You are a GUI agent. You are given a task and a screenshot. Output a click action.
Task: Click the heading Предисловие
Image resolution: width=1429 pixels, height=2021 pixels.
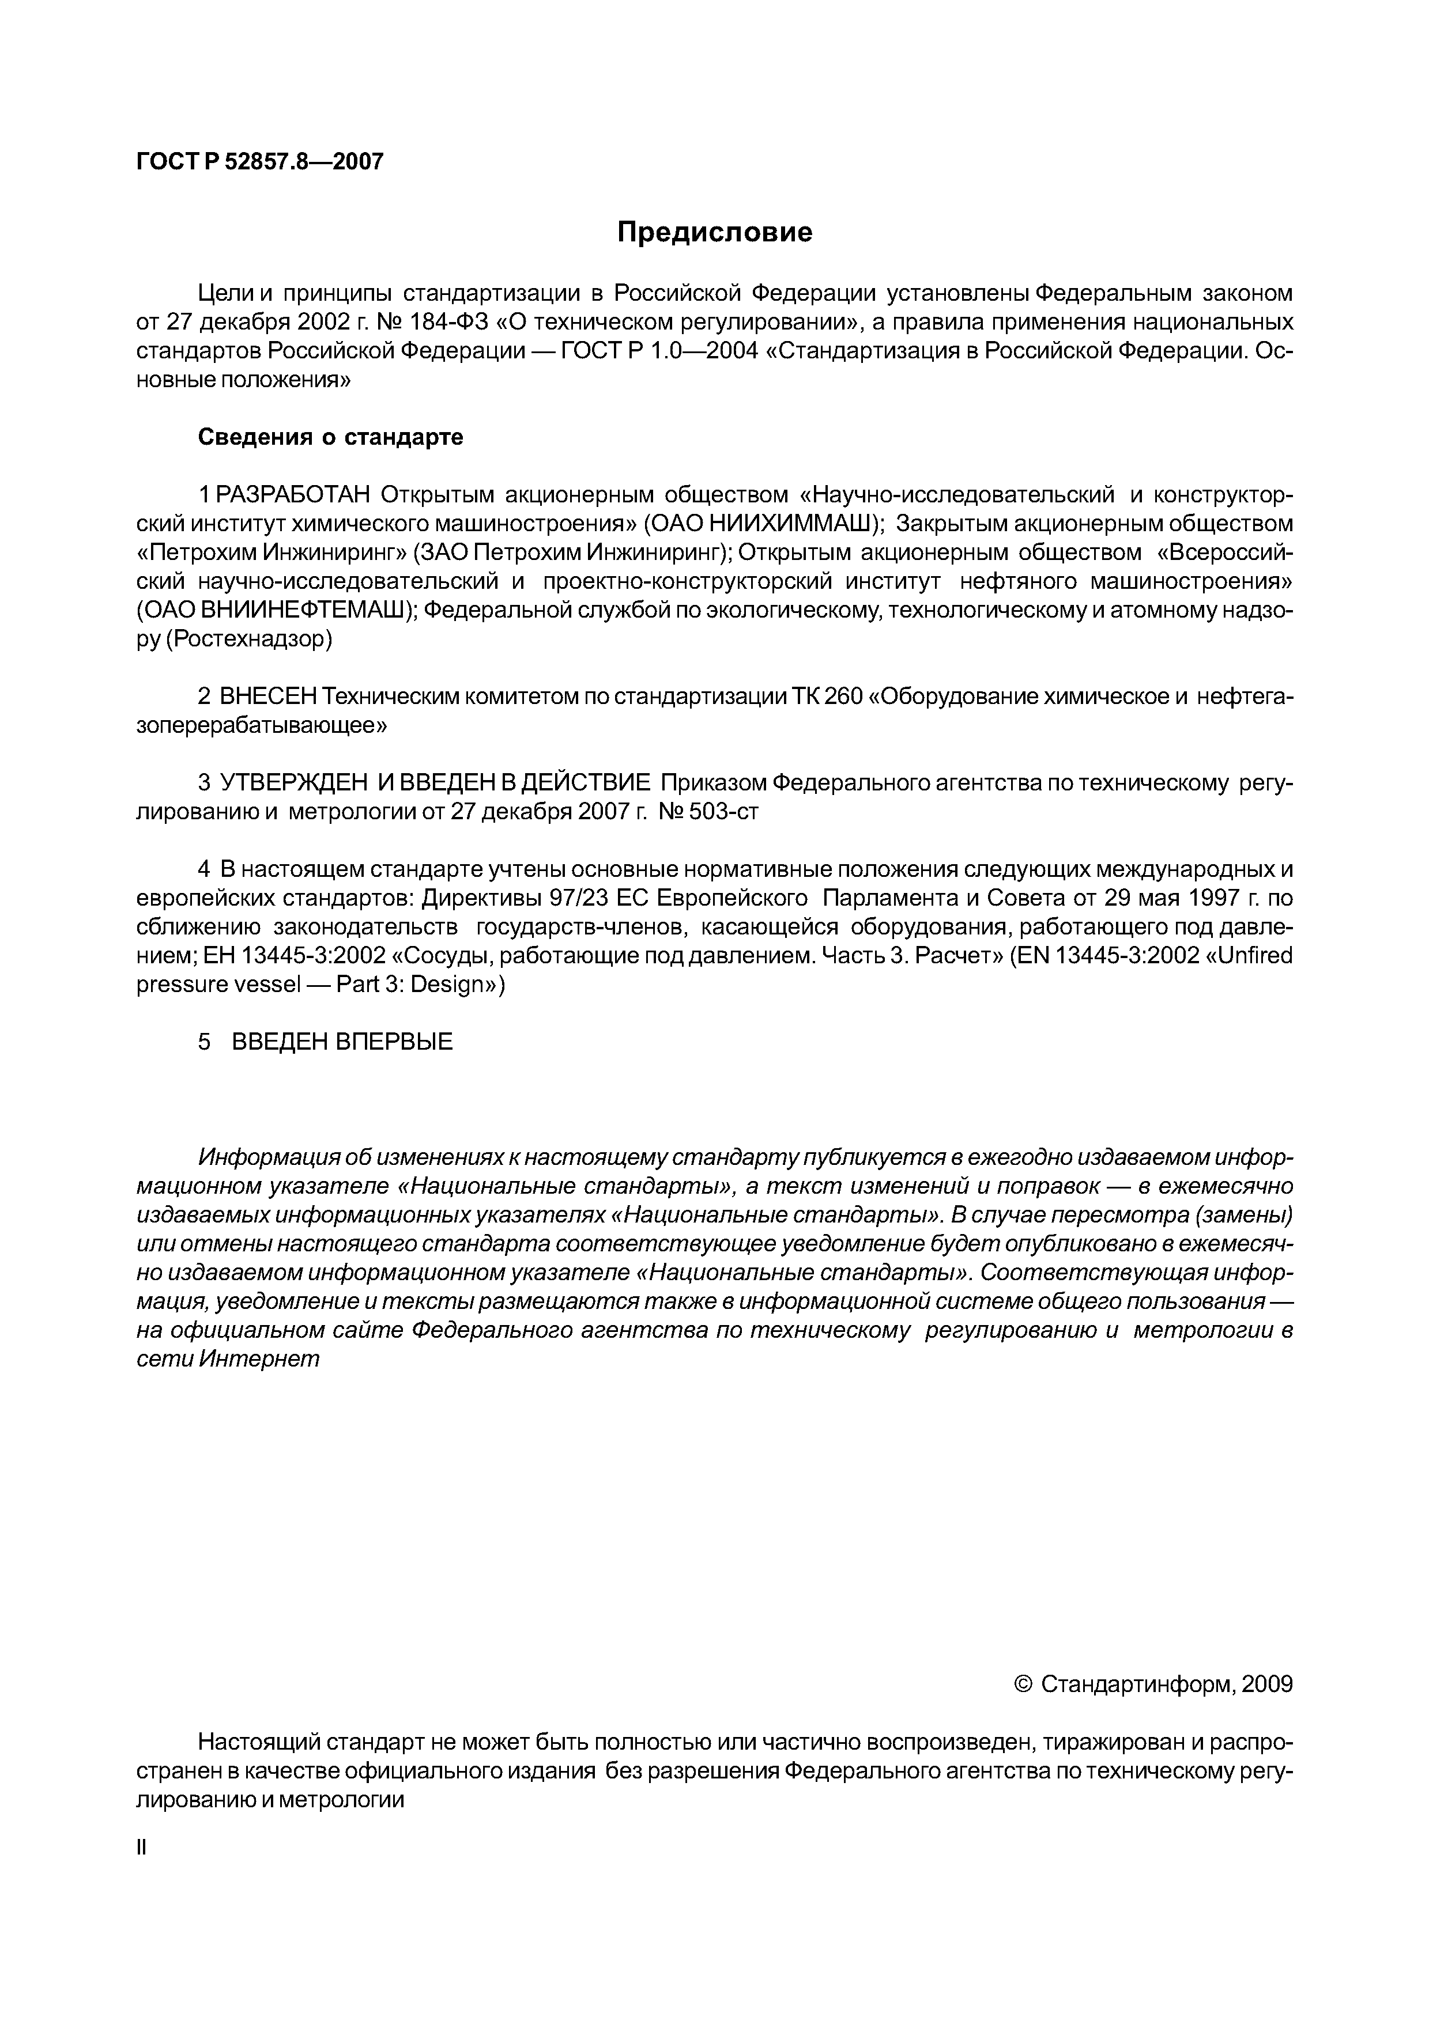coord(714,232)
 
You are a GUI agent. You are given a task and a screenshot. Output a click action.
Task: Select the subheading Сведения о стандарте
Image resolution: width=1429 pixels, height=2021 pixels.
coord(330,437)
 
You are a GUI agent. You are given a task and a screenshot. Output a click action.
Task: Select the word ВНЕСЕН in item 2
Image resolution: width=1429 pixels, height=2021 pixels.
coord(267,697)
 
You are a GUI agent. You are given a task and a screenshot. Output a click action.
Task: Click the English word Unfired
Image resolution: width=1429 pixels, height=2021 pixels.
coord(1255,956)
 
